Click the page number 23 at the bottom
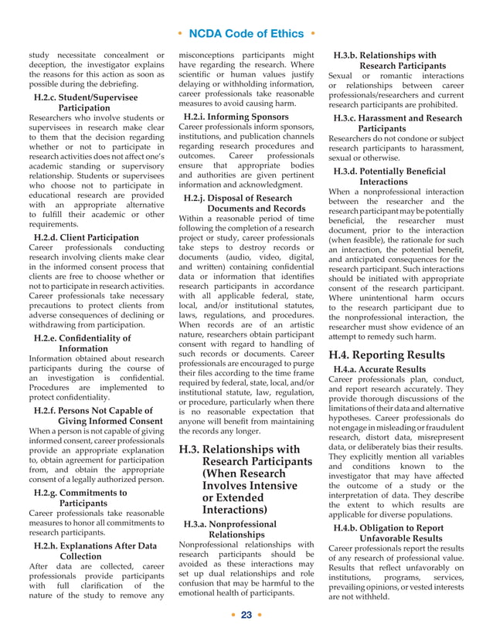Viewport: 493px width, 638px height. click(246, 616)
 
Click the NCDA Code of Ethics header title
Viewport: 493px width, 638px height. click(246, 33)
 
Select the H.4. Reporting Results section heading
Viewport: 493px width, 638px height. click(386, 355)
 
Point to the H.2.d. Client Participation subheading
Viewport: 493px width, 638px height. click(87, 237)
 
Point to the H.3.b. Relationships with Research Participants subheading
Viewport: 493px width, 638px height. click(390, 61)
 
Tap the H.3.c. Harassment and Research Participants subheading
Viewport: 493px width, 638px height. click(396, 123)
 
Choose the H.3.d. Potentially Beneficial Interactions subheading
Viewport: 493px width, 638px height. click(389, 176)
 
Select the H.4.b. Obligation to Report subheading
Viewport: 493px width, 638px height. click(389, 533)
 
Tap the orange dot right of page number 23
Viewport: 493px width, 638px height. click(263, 616)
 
